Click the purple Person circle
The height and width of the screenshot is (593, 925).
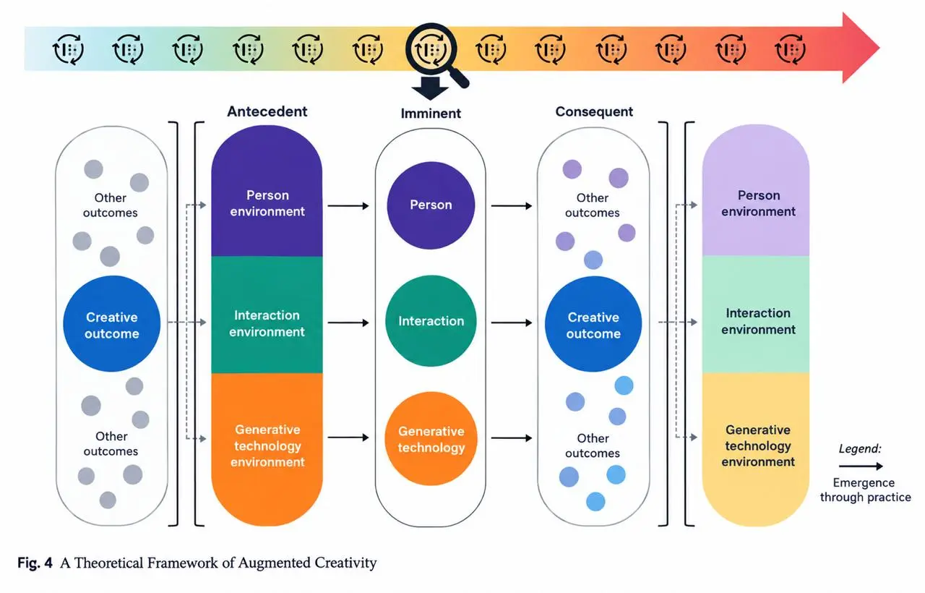[x=431, y=205]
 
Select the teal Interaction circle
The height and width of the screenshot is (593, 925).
[x=431, y=321]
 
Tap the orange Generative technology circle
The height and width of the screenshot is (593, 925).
[x=431, y=438]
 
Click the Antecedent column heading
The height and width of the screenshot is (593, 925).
[x=267, y=111]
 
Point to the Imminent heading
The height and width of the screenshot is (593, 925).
[x=431, y=114]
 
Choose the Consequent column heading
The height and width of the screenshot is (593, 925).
[x=594, y=111]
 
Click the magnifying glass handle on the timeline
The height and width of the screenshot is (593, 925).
[x=458, y=77]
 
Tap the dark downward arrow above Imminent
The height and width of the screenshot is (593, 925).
[x=430, y=88]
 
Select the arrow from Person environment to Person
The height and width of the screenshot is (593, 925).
[x=348, y=206]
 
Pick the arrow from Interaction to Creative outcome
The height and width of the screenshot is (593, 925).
[x=511, y=323]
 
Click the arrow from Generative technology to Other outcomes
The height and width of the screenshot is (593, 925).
[x=511, y=438]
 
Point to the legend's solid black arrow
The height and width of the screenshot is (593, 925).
[x=861, y=466]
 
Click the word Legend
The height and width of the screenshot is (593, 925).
[x=860, y=449]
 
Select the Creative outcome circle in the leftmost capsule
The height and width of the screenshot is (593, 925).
[x=111, y=324]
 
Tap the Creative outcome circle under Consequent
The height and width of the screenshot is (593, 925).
[x=593, y=324]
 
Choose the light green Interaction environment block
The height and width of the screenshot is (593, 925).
[x=756, y=315]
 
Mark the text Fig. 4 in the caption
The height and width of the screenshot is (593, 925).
[x=35, y=563]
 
